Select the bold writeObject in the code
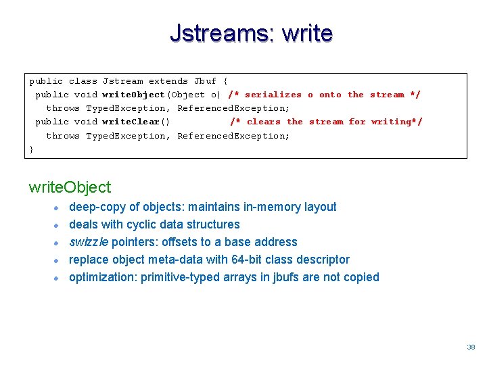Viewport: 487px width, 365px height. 134,95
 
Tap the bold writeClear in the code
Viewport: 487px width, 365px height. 131,122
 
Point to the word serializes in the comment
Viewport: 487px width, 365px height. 273,95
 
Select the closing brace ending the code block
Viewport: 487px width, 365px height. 31,149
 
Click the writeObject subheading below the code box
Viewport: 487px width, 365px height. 70,187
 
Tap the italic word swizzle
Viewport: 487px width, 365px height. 89,242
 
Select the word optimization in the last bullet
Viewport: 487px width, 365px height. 101,277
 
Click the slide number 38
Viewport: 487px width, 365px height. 471,347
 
